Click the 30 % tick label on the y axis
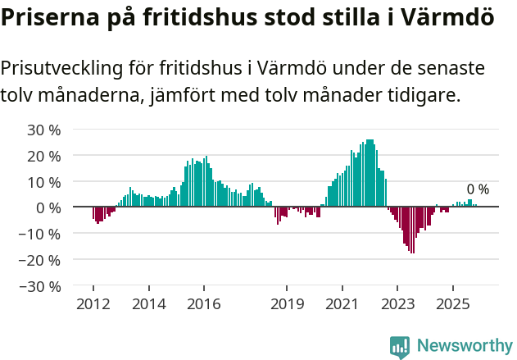44,130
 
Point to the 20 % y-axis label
44,156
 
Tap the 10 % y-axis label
44,181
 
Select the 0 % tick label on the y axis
48,207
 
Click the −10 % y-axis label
41,234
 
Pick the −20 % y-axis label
41,260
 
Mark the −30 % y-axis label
41,286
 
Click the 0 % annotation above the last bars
478,189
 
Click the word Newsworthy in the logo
465,346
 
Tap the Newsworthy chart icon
400,347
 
